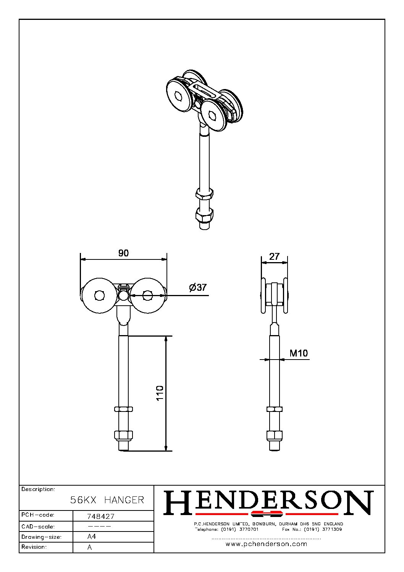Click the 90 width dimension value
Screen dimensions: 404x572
tap(123, 253)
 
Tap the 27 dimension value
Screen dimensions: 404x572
tap(274, 256)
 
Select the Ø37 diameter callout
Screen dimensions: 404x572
tap(198, 287)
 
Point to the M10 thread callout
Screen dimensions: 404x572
tap(299, 353)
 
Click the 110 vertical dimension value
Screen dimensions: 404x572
tap(160, 393)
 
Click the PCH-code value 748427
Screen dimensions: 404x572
tap(101, 516)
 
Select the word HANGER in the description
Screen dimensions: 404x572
tap(124, 500)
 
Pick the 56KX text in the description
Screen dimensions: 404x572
tap(83, 500)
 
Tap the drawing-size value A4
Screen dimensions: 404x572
tap(92, 536)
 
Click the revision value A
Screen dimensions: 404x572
tap(90, 547)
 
